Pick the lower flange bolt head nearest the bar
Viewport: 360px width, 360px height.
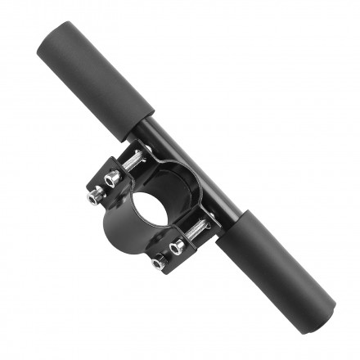coord(178,245)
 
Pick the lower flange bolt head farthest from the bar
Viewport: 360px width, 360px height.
coord(158,263)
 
